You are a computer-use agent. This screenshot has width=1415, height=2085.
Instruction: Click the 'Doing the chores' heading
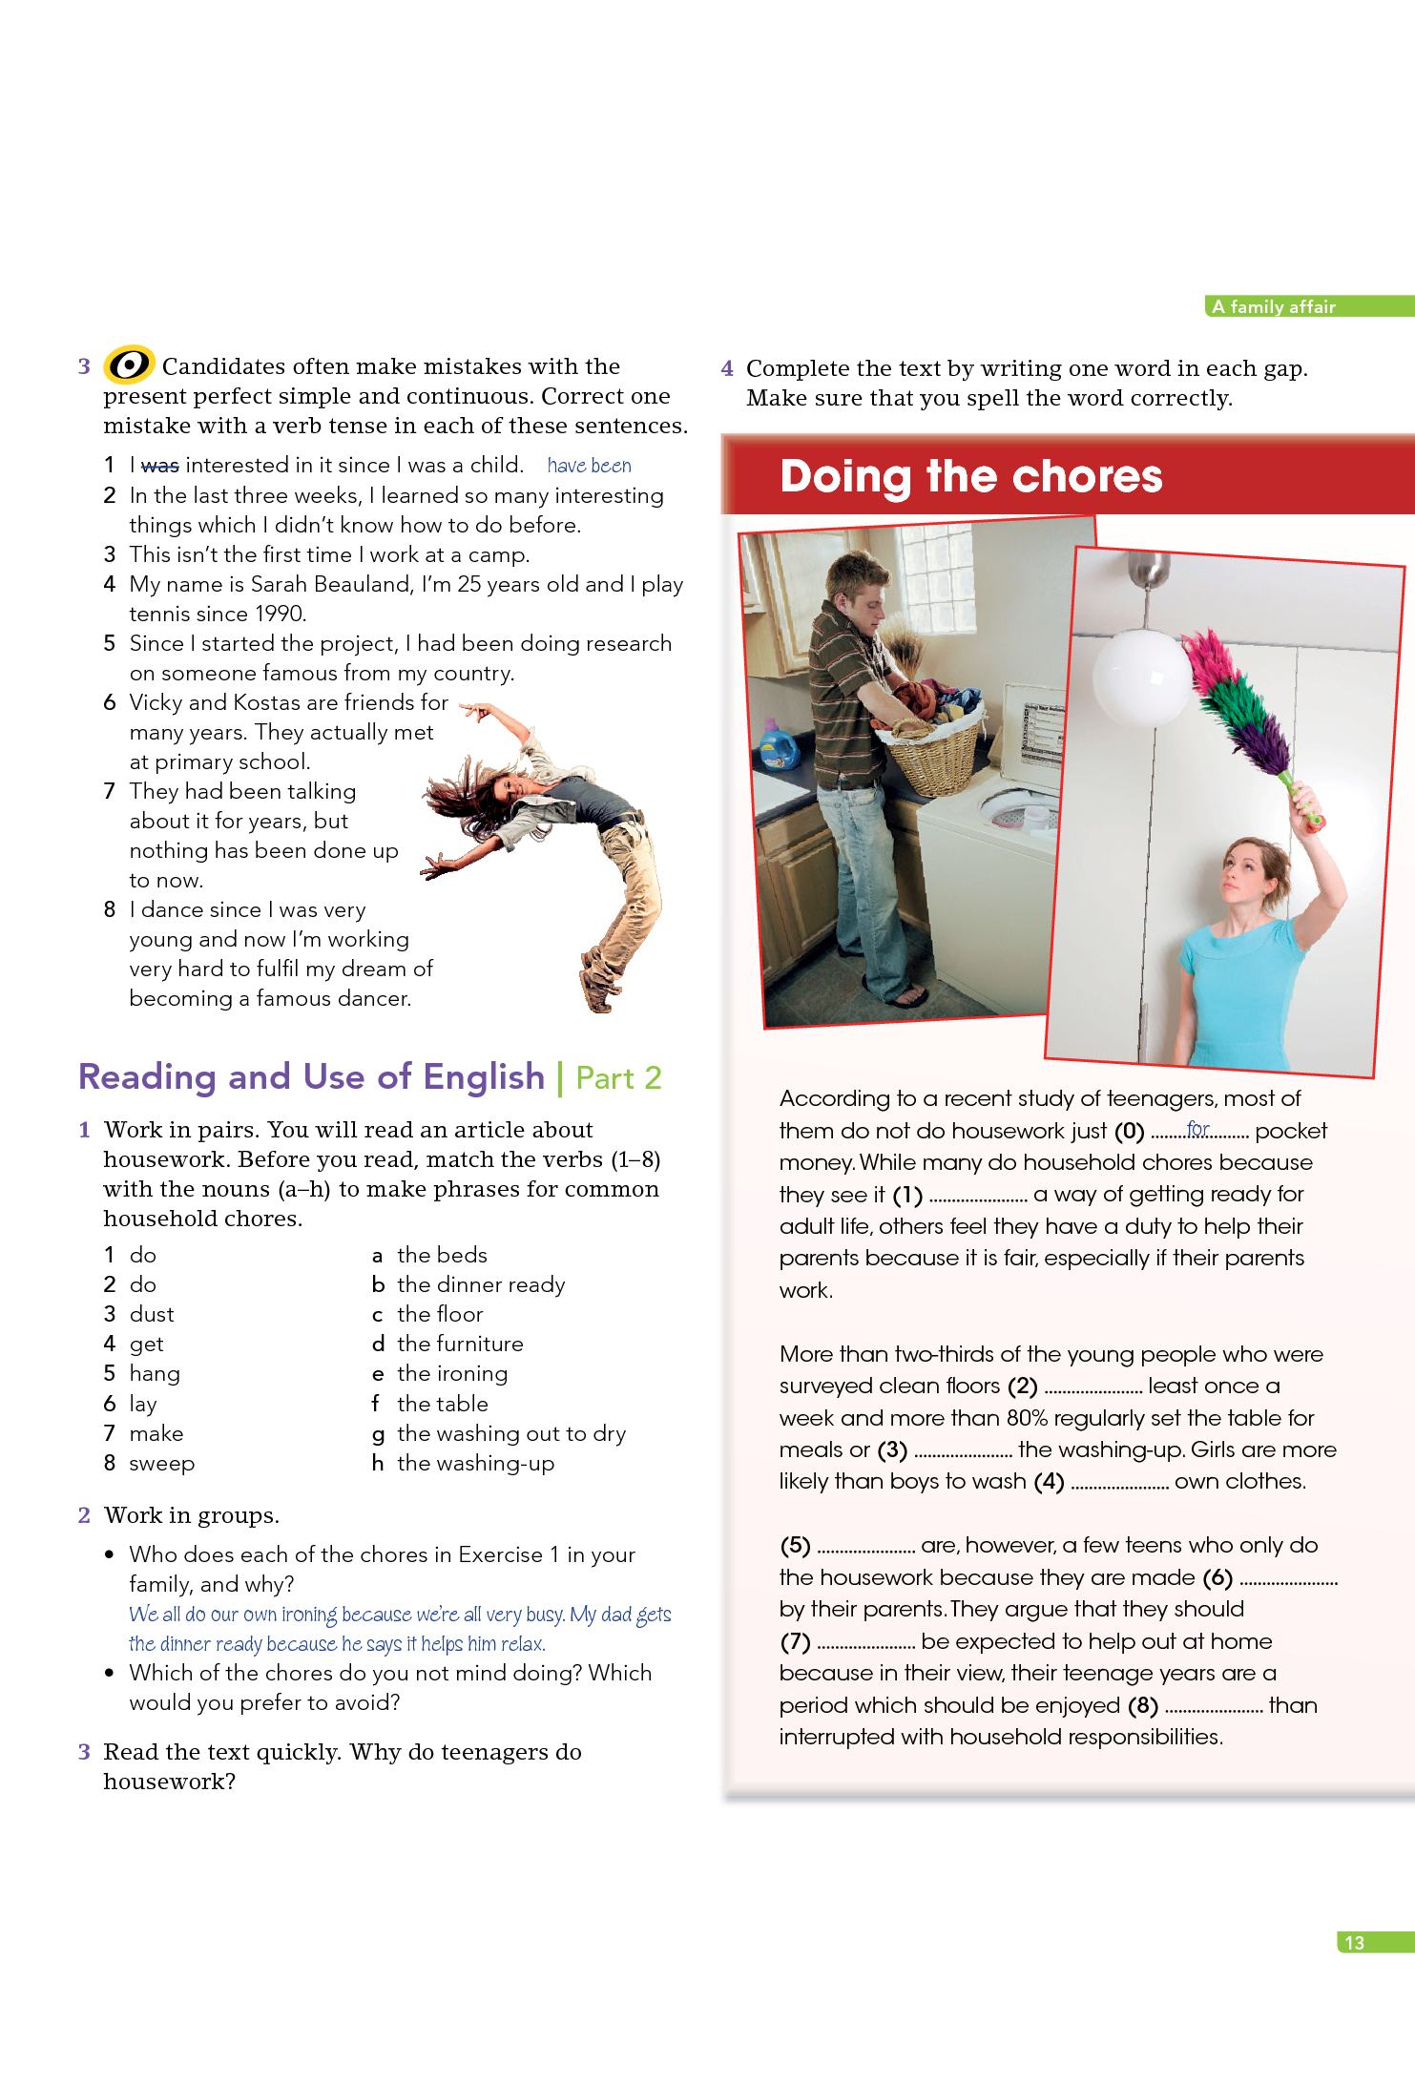(x=970, y=476)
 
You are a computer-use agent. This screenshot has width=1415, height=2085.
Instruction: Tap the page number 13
(x=1354, y=1942)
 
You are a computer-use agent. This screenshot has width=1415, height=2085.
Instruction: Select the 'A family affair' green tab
(x=1273, y=307)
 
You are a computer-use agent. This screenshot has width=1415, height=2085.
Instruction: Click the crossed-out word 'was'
(x=159, y=466)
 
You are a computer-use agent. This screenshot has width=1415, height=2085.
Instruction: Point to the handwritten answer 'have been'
(x=589, y=466)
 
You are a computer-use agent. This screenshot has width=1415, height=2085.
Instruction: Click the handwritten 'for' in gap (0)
(x=1197, y=1130)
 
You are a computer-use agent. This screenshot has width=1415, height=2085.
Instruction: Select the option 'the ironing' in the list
(x=452, y=1373)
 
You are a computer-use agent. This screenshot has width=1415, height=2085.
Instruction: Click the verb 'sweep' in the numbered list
(x=161, y=1463)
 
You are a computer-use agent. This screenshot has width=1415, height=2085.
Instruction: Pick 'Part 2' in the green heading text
(x=618, y=1077)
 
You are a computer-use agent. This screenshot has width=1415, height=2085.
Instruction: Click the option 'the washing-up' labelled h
(x=475, y=1463)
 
